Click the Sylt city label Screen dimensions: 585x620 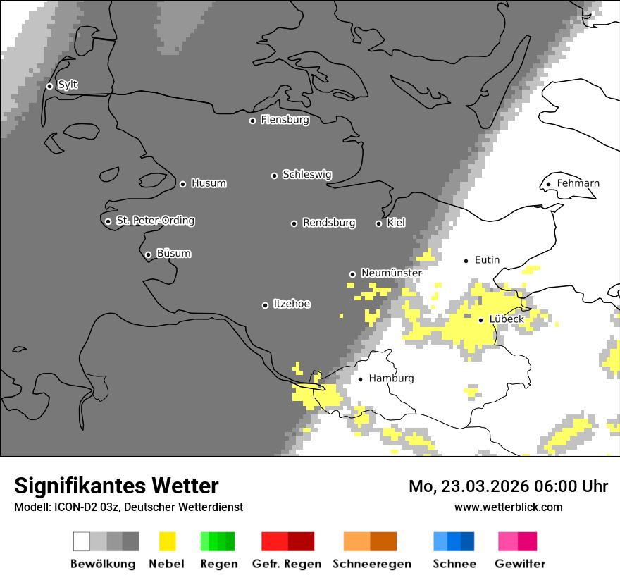pyautogui.click(x=68, y=85)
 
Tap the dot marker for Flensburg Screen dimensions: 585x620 pyautogui.click(x=252, y=121)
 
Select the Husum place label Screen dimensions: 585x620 pyautogui.click(x=209, y=184)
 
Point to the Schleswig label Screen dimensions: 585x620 pyautogui.click(x=306, y=175)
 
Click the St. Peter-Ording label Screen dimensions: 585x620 pyautogui.click(x=155, y=221)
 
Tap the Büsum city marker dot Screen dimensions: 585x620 pyautogui.click(x=148, y=254)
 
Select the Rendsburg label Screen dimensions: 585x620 pyautogui.click(x=329, y=223)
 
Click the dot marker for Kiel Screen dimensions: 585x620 pyautogui.click(x=378, y=223)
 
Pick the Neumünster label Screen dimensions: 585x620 pyautogui.click(x=391, y=273)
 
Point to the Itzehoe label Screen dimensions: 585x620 pyautogui.click(x=292, y=304)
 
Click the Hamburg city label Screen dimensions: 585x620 pyautogui.click(x=391, y=378)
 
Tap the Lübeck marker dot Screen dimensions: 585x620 pyautogui.click(x=480, y=320)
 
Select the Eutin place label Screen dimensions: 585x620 pyautogui.click(x=487, y=260)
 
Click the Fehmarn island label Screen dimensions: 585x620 pyautogui.click(x=578, y=184)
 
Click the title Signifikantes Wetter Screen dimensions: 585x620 pyautogui.click(x=116, y=486)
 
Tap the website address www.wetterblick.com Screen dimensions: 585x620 pyautogui.click(x=508, y=507)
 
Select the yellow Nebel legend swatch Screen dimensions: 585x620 pyautogui.click(x=167, y=541)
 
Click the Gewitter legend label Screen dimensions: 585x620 pyautogui.click(x=520, y=564)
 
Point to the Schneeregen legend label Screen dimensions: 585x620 pyautogui.click(x=372, y=564)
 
